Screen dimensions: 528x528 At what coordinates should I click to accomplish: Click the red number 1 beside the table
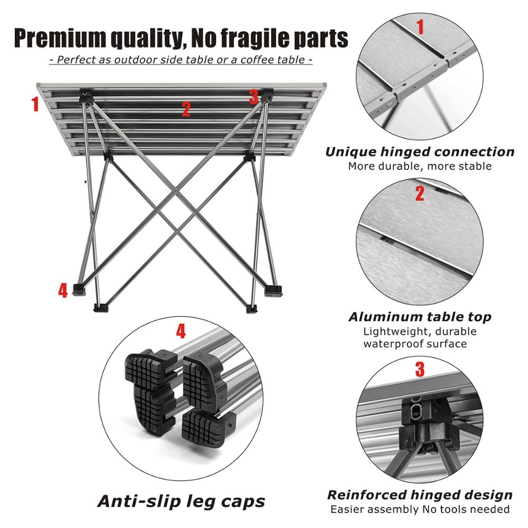(x=35, y=104)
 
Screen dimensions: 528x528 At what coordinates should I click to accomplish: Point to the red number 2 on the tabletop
(x=186, y=109)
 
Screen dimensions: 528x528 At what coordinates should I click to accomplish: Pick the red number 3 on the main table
(x=253, y=97)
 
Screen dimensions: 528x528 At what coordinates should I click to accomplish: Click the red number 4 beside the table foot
(x=63, y=290)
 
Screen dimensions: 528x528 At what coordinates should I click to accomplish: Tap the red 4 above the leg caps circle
(x=181, y=332)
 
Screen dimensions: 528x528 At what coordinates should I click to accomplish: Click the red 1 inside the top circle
(x=420, y=26)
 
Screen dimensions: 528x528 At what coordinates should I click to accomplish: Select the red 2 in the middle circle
(x=420, y=194)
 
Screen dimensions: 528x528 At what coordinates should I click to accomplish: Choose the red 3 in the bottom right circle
(x=420, y=370)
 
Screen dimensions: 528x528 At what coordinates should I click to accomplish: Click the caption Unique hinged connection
(x=419, y=152)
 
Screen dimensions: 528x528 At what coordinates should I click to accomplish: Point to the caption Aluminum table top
(x=419, y=317)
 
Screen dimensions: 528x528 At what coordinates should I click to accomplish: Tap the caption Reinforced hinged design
(x=419, y=495)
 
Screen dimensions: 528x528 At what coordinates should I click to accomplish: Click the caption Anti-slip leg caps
(x=181, y=501)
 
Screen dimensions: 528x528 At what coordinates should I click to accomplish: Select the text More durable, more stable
(x=419, y=166)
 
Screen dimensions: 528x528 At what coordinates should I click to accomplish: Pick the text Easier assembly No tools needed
(x=419, y=510)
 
